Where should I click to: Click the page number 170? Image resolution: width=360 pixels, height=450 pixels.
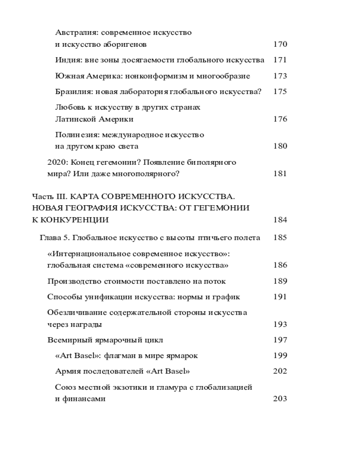coord(280,44)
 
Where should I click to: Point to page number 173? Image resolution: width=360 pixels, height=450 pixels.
coord(280,76)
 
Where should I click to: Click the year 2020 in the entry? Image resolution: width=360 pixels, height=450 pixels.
coord(56,162)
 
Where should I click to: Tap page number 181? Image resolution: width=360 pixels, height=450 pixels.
coord(280,173)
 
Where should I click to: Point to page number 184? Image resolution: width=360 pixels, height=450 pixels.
coord(280,220)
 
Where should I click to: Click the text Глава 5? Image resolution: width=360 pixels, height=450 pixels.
coord(54,238)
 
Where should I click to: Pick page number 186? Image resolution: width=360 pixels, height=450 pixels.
coord(280,265)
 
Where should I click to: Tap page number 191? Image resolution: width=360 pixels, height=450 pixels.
coord(280,297)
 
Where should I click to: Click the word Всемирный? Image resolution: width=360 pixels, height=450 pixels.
coord(67,340)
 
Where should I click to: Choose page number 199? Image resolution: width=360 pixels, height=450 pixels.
coord(280,355)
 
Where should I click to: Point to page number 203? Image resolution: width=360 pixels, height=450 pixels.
coord(280,398)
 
